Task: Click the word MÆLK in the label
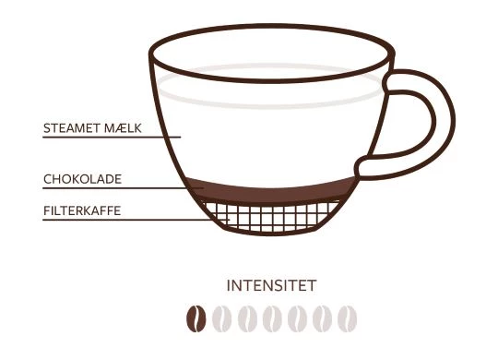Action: coord(123,127)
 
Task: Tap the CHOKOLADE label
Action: coord(82,179)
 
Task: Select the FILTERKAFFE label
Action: coord(82,210)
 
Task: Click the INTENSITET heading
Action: coord(271,285)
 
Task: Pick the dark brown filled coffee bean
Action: coord(196,318)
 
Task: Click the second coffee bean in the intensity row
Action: coord(221,318)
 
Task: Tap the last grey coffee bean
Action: coord(347,318)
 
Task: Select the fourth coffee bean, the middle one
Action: coord(272,318)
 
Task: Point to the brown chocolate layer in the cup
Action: coord(270,191)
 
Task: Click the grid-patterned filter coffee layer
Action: coord(270,217)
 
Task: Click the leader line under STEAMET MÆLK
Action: coord(112,137)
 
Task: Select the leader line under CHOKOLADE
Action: coord(124,188)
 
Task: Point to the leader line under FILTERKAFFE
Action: coord(136,220)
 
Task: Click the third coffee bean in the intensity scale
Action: coord(247,318)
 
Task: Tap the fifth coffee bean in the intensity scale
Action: coord(297,318)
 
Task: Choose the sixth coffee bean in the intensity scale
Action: coord(322,318)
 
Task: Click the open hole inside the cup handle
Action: coord(407,123)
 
